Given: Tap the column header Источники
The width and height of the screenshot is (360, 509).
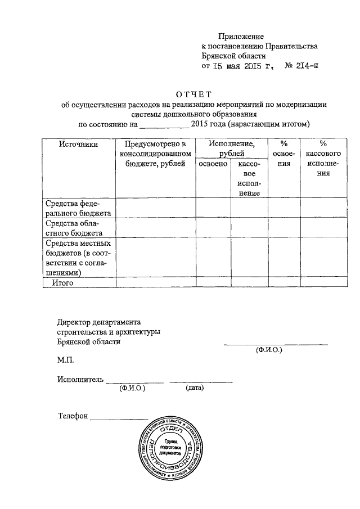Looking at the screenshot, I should (x=79, y=144).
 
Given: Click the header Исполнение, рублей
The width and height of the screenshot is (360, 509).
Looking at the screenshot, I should (x=231, y=148).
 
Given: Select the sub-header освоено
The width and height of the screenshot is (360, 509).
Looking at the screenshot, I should (x=213, y=163).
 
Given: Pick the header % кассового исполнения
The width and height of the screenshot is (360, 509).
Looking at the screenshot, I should (x=322, y=159).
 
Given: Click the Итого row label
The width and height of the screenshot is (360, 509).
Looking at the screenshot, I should (x=64, y=283).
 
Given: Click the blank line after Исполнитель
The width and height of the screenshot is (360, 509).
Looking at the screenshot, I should (x=135, y=381).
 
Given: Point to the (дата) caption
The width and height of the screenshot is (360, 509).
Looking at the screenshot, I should (x=194, y=388).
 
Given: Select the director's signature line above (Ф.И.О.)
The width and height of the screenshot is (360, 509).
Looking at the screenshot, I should (x=276, y=343).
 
